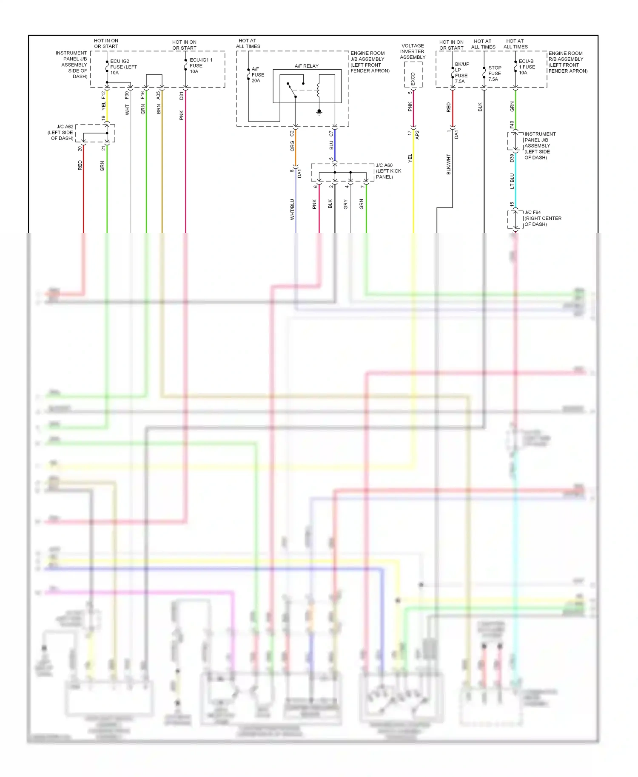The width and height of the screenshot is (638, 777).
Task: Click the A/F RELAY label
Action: (306, 66)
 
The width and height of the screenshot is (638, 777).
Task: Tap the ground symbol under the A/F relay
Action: (319, 112)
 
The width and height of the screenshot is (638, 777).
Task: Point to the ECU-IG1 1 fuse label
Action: (200, 65)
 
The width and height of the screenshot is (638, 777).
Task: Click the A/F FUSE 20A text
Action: (258, 75)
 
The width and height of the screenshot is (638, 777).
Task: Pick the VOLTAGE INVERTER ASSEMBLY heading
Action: (413, 51)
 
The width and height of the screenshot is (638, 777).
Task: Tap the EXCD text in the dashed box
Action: (413, 79)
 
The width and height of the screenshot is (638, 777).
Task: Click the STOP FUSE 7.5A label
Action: (495, 74)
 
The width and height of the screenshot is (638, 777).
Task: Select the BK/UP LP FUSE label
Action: (461, 73)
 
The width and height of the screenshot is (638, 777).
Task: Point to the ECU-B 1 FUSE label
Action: (527, 67)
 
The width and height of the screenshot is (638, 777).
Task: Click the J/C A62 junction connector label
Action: (62, 133)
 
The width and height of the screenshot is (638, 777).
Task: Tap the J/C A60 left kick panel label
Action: (388, 171)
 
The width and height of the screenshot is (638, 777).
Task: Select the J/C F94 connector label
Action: (542, 218)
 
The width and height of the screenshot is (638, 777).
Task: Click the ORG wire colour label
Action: (292, 146)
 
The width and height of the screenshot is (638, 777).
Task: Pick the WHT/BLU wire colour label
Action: (292, 209)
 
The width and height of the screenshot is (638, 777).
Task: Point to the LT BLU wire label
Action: (512, 181)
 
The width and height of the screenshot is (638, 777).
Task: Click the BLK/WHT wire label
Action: (448, 164)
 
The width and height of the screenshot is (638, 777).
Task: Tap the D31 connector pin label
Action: (181, 96)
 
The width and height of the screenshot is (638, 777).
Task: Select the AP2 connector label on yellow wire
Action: (417, 135)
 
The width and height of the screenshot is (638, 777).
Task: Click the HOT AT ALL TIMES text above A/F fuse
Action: (248, 43)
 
